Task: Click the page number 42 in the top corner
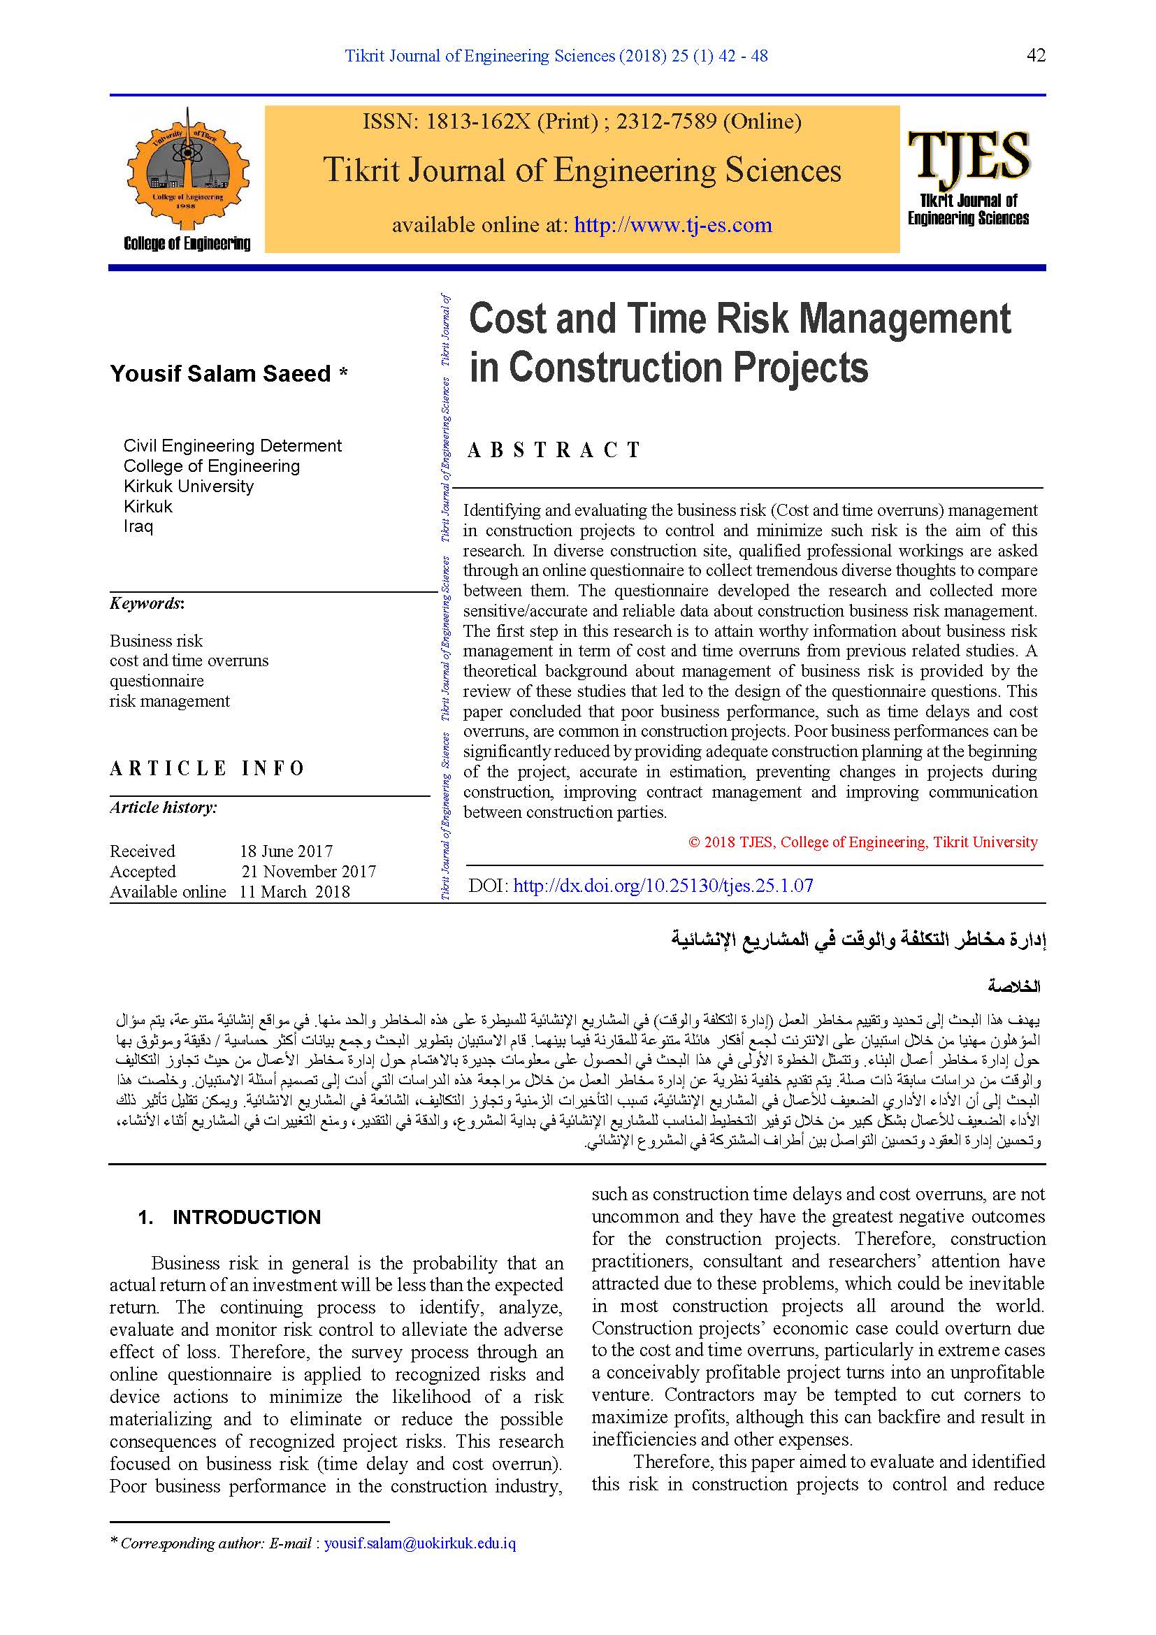1036,55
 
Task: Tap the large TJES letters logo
968,154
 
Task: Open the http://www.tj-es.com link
672,225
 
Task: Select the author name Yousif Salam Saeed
221,374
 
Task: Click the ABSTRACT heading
554,450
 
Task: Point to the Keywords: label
147,603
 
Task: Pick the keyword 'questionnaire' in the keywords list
157,681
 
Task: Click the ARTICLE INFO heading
207,768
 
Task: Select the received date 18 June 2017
286,851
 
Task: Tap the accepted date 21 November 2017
308,871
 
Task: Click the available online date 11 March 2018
295,891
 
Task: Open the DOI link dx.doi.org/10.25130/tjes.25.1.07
663,885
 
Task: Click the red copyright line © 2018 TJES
862,842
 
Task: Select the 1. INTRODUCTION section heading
229,1217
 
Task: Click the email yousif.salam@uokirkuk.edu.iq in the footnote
419,1543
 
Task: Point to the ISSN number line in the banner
581,122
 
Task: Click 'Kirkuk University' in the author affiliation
189,487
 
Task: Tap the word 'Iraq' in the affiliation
138,526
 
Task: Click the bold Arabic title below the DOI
858,939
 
